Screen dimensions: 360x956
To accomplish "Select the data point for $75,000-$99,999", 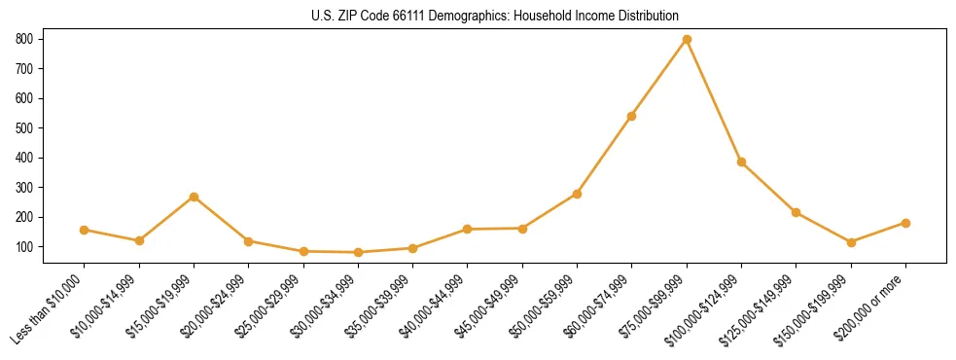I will click(687, 39).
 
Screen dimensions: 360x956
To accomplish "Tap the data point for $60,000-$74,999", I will click(632, 116).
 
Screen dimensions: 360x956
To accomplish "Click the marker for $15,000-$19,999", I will click(194, 197).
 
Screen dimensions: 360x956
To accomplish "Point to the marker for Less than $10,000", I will click(85, 230).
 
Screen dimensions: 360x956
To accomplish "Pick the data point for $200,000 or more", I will click(905, 223).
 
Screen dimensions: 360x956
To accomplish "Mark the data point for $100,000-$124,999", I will click(741, 162).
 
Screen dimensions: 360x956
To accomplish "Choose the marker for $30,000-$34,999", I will click(358, 252).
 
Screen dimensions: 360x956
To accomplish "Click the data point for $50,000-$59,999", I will click(577, 194).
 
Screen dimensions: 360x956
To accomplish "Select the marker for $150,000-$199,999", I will click(851, 242).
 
